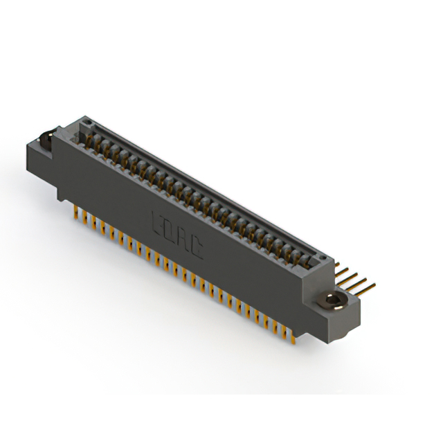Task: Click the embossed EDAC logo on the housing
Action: (x=177, y=237)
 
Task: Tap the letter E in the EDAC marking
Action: (x=156, y=224)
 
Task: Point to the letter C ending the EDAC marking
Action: (x=197, y=249)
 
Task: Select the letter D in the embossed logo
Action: (x=169, y=232)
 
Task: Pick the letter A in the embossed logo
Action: (x=183, y=241)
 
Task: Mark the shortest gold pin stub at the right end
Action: (x=337, y=266)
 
